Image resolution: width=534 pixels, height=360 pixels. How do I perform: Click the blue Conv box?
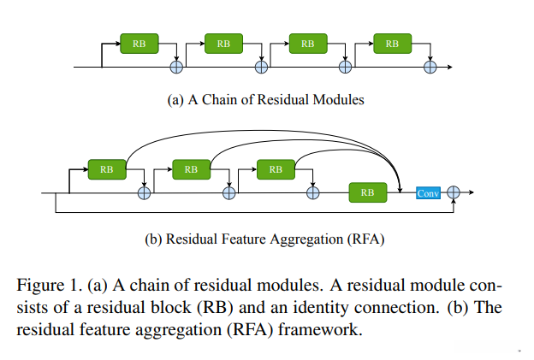(x=428, y=193)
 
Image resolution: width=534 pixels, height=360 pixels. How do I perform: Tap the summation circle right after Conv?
(x=454, y=193)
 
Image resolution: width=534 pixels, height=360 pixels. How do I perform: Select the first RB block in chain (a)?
(x=139, y=43)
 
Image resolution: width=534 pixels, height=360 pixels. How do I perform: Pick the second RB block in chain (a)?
(x=223, y=43)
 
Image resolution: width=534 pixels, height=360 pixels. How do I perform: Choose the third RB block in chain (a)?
(x=308, y=43)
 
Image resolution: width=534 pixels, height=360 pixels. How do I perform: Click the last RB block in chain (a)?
(x=392, y=43)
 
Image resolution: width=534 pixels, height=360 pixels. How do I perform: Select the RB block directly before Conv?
(x=368, y=193)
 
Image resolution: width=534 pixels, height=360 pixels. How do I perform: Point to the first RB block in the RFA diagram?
(x=107, y=169)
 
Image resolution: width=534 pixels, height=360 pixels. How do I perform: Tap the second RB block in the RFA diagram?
(x=191, y=169)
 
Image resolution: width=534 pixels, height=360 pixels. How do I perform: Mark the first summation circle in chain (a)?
(x=178, y=66)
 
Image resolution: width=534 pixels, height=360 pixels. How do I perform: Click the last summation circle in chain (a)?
(x=431, y=66)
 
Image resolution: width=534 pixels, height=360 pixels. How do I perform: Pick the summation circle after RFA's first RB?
(x=145, y=193)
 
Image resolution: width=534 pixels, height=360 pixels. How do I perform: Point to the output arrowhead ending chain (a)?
(x=450, y=66)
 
